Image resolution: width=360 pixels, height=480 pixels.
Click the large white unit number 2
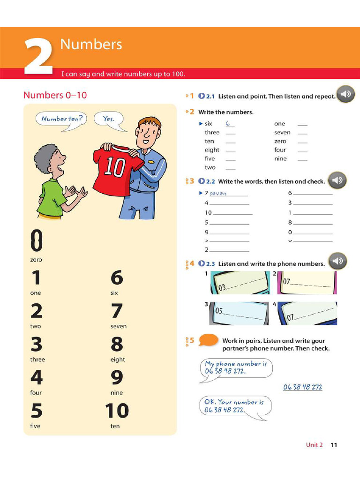click(x=38, y=57)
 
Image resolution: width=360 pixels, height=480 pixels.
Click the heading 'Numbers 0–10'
click(x=55, y=95)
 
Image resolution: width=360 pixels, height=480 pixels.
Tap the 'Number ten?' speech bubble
click(x=61, y=119)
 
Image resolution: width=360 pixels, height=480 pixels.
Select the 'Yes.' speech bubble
click(x=109, y=119)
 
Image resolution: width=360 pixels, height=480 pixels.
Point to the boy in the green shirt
click(x=55, y=183)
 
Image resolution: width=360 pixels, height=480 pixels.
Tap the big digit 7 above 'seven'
click(x=117, y=311)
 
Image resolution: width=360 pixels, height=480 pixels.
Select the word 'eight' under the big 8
click(x=118, y=360)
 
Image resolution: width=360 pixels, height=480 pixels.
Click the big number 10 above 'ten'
click(x=117, y=411)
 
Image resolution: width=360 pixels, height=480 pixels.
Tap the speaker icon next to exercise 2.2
click(x=337, y=180)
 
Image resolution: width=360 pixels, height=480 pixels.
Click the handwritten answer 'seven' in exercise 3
click(x=218, y=193)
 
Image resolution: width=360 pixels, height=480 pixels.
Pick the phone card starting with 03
click(x=240, y=283)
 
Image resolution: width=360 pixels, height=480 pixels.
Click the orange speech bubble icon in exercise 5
click(x=208, y=340)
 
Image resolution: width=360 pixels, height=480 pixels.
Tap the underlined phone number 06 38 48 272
click(x=302, y=387)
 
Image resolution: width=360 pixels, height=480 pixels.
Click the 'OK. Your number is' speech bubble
click(x=234, y=406)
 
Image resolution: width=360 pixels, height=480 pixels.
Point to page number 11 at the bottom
click(x=333, y=445)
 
